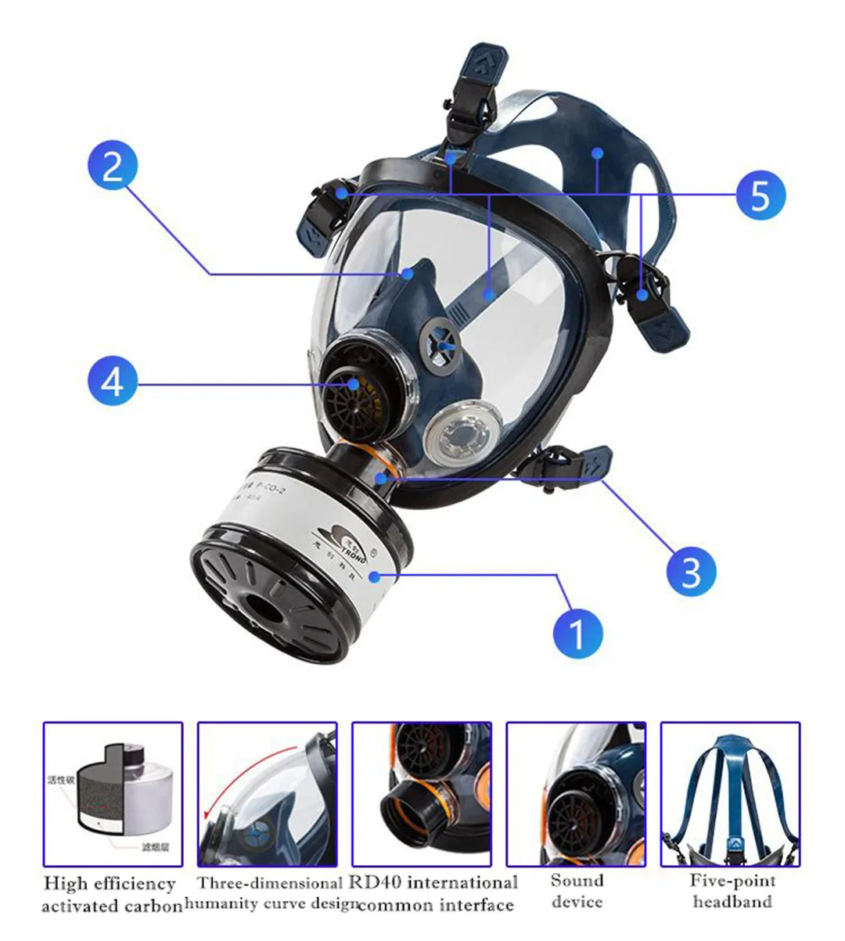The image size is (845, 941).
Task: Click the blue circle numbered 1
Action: pyautogui.click(x=577, y=632)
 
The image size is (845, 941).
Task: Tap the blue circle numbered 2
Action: pyautogui.click(x=113, y=167)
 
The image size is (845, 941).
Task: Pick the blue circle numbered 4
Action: pyautogui.click(x=113, y=383)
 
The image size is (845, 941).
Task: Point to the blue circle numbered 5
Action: pyautogui.click(x=760, y=195)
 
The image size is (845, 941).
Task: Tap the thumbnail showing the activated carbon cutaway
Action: pyautogui.click(x=113, y=794)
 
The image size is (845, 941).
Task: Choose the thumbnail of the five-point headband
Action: pyautogui.click(x=730, y=794)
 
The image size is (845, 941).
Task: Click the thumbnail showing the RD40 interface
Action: pyautogui.click(x=422, y=794)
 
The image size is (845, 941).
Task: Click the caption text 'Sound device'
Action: pyautogui.click(x=577, y=891)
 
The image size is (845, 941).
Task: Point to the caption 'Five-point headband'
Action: pyautogui.click(x=732, y=891)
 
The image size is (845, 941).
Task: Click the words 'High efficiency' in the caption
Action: pyautogui.click(x=110, y=884)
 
